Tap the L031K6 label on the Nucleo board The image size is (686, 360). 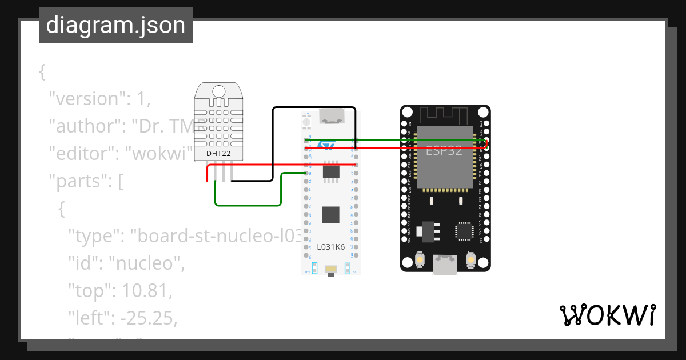click(331, 247)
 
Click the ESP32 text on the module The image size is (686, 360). click(444, 151)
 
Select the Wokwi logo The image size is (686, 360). click(607, 315)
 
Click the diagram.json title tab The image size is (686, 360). click(115, 25)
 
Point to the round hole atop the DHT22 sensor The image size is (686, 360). click(218, 91)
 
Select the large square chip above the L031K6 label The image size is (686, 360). click(330, 215)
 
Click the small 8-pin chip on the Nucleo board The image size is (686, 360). click(331, 171)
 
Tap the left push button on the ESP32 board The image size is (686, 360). click(420, 259)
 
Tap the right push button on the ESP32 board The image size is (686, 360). click(470, 259)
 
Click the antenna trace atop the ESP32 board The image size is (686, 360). click(445, 114)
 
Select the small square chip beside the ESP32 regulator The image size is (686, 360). click(464, 231)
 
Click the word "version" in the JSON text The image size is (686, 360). click(86, 99)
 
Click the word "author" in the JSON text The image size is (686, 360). click(87, 126)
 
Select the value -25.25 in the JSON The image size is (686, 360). click(147, 318)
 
